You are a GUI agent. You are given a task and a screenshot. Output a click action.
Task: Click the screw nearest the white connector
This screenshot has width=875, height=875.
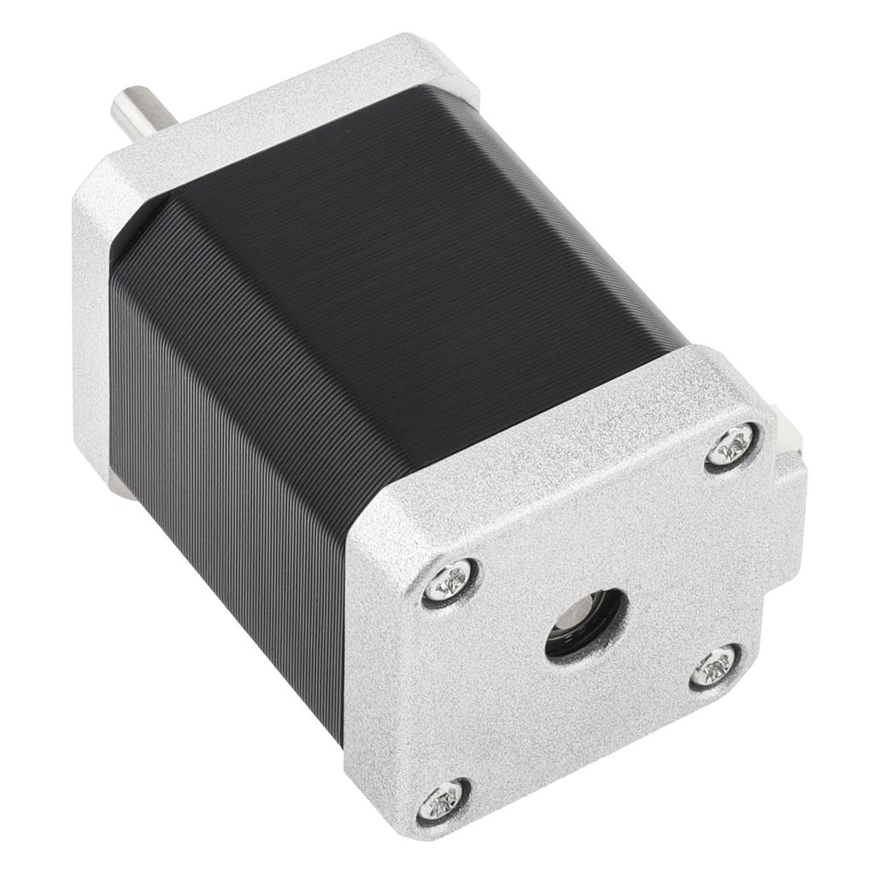733,445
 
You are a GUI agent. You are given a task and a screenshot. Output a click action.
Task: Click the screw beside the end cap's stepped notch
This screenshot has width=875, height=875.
714,666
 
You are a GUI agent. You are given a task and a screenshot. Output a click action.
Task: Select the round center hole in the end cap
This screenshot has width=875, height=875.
586,621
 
